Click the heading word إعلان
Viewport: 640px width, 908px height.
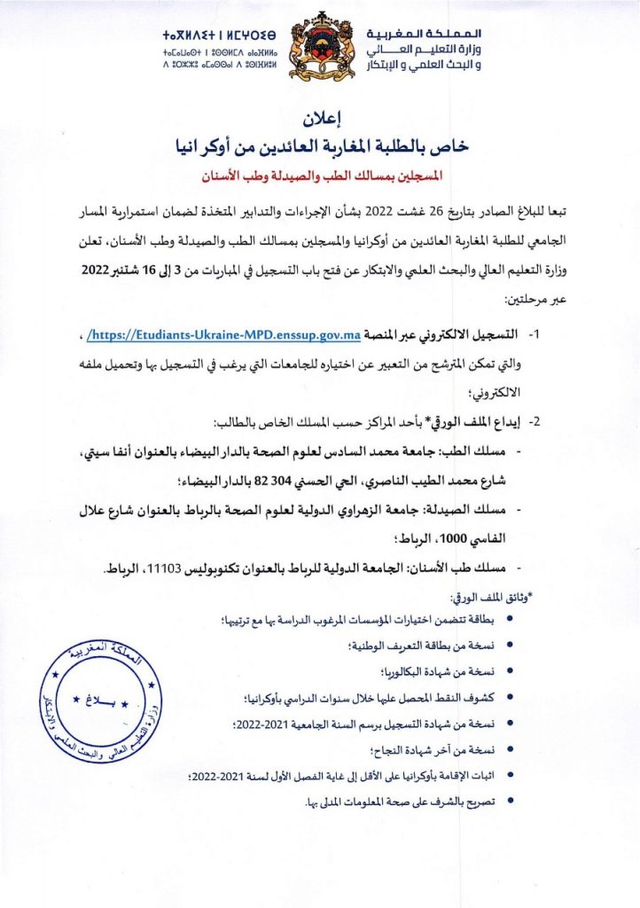320,116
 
